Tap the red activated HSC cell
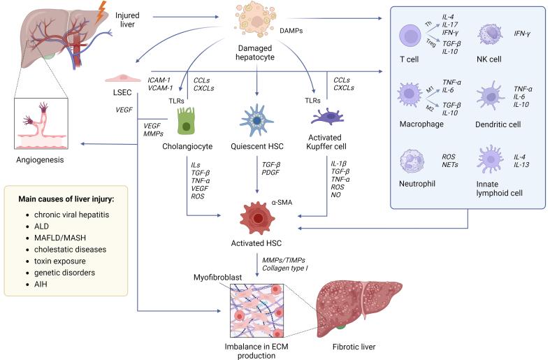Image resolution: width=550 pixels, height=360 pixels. [x=257, y=219]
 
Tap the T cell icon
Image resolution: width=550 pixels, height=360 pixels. [x=411, y=37]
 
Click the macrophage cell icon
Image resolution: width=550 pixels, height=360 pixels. [x=411, y=98]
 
